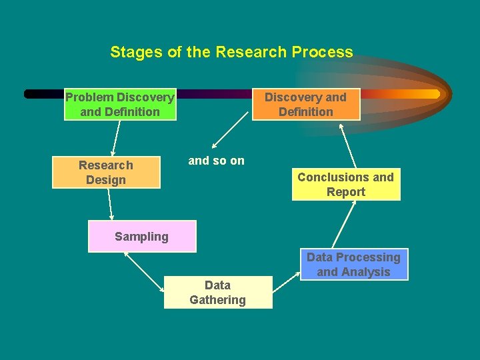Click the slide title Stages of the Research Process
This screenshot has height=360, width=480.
231,52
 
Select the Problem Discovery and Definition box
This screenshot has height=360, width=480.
120,105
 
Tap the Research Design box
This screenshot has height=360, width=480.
106,172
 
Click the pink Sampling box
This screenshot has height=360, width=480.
142,236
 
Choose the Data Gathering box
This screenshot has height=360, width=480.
218,292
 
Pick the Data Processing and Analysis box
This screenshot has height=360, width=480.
353,264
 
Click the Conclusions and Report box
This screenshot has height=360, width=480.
346,184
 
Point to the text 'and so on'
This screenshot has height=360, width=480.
217,161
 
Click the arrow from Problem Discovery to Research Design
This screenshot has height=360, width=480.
115,138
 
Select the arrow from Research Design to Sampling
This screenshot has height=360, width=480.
110,204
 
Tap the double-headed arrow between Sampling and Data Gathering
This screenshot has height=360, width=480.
145,272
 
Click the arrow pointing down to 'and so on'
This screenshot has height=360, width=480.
231,133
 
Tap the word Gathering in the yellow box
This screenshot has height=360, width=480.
218,300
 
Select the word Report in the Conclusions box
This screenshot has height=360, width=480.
346,192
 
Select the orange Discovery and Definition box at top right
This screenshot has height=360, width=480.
306,105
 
